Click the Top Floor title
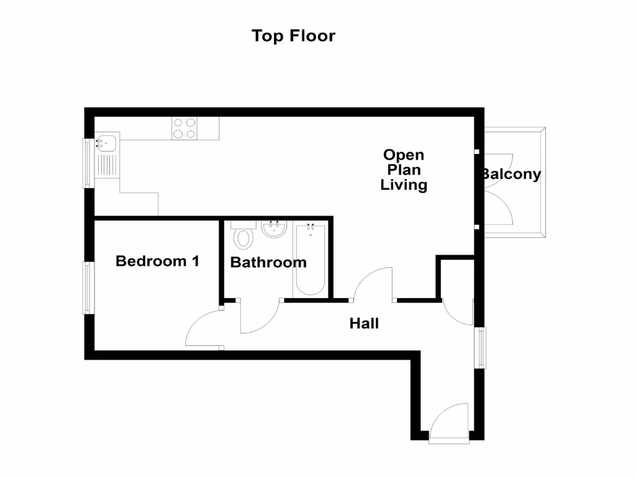point(293,36)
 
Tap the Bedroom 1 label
point(157,261)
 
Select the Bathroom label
point(268,263)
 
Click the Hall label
point(364,324)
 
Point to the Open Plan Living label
point(404,170)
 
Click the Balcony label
point(511,175)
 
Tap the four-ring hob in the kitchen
point(184,128)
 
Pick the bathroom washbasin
point(273,229)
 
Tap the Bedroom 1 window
point(89,288)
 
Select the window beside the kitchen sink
point(89,162)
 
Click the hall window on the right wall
point(480,348)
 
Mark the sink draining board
point(107,165)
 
